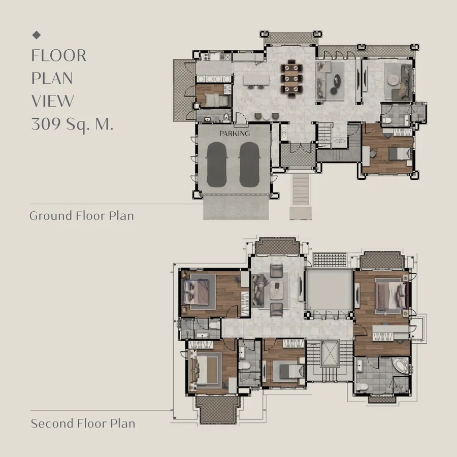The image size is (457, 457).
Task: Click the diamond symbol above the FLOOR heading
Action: pyautogui.click(x=37, y=35)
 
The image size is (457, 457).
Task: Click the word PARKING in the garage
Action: pyautogui.click(x=235, y=134)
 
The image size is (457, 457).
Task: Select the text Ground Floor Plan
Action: pyautogui.click(x=82, y=216)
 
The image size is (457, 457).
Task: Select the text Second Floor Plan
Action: pyautogui.click(x=83, y=423)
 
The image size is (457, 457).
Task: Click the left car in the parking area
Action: pyautogui.click(x=216, y=165)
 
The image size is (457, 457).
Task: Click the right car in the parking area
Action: pyautogui.click(x=249, y=165)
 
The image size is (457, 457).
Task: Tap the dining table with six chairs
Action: pyautogui.click(x=291, y=79)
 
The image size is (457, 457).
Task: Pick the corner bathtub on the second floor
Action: pyautogui.click(x=400, y=366)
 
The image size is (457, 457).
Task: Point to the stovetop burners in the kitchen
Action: pyautogui.click(x=208, y=56)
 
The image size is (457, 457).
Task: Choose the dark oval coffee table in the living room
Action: pyautogui.click(x=337, y=80)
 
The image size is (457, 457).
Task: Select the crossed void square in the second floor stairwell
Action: pyautogui.click(x=330, y=353)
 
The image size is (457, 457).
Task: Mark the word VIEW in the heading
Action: pyautogui.click(x=52, y=101)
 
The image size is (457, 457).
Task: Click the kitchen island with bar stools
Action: pyautogui.click(x=256, y=81)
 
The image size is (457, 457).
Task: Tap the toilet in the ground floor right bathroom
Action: pyautogui.click(x=387, y=120)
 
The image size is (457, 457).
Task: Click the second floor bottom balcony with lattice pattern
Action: pyautogui.click(x=218, y=409)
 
